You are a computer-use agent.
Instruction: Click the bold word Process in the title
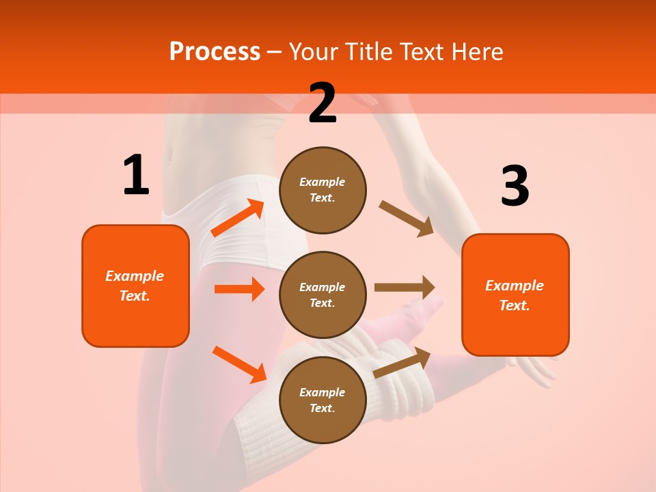pos(215,52)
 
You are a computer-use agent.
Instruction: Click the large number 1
pos(136,176)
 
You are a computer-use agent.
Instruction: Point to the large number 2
pos(323,103)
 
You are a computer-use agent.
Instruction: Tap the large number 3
pos(515,187)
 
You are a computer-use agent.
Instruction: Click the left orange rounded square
pos(135,286)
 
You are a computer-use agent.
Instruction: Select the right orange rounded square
pos(515,295)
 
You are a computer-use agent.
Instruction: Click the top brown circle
pos(323,190)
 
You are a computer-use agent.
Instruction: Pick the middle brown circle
pos(323,295)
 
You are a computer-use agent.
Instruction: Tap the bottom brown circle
pos(323,400)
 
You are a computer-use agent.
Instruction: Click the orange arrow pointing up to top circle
pos(237,218)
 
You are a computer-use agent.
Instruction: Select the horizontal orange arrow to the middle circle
pos(239,289)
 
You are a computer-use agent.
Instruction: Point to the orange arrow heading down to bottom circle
pos(239,364)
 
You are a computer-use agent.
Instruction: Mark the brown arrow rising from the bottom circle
pos(402,362)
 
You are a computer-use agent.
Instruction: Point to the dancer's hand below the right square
pos(533,370)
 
